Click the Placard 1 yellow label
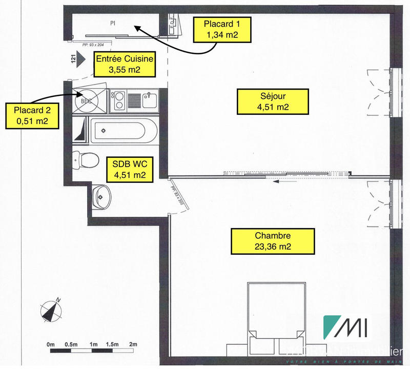221,29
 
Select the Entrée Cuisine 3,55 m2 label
125,65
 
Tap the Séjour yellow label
273,101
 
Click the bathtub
122,131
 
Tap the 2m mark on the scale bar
134,344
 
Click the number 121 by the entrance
74,60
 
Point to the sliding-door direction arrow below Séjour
283,181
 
